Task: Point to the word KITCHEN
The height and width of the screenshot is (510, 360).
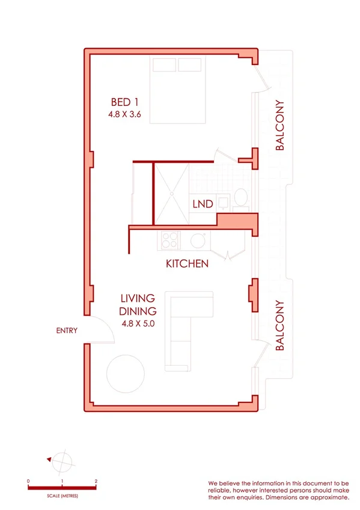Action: (187, 263)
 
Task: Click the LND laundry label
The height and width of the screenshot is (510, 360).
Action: (203, 204)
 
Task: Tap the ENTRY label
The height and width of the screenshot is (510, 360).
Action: (66, 330)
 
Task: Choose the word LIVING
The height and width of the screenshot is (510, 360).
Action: (138, 298)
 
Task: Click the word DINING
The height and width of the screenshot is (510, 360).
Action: (138, 311)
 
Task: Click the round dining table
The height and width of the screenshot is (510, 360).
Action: (126, 373)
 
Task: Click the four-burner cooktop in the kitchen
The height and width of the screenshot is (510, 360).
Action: (169, 241)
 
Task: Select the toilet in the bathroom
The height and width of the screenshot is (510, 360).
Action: (240, 197)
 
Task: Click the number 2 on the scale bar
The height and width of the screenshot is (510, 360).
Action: (96, 482)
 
